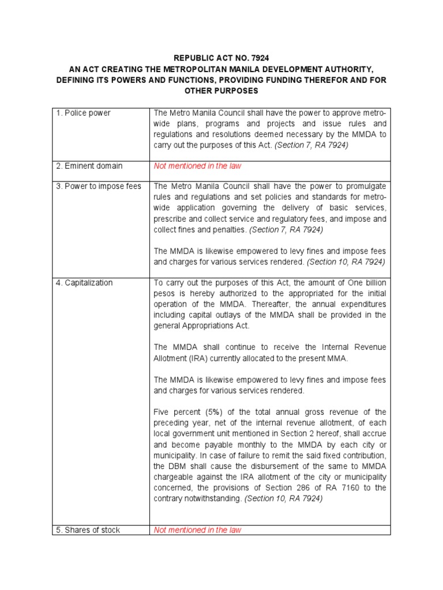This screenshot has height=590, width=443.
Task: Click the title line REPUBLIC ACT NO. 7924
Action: (x=221, y=58)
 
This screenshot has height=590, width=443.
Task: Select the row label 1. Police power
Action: (x=84, y=113)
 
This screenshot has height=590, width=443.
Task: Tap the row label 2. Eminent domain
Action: (x=89, y=166)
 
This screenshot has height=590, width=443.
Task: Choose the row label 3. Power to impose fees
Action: (x=99, y=186)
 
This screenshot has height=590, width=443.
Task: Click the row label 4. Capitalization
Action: (x=85, y=283)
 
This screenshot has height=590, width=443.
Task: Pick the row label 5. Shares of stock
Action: (x=88, y=530)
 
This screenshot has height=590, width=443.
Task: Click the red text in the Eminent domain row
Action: (x=197, y=166)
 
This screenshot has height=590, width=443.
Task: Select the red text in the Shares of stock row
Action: (x=197, y=530)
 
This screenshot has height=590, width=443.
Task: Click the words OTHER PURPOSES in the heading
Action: (x=221, y=91)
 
